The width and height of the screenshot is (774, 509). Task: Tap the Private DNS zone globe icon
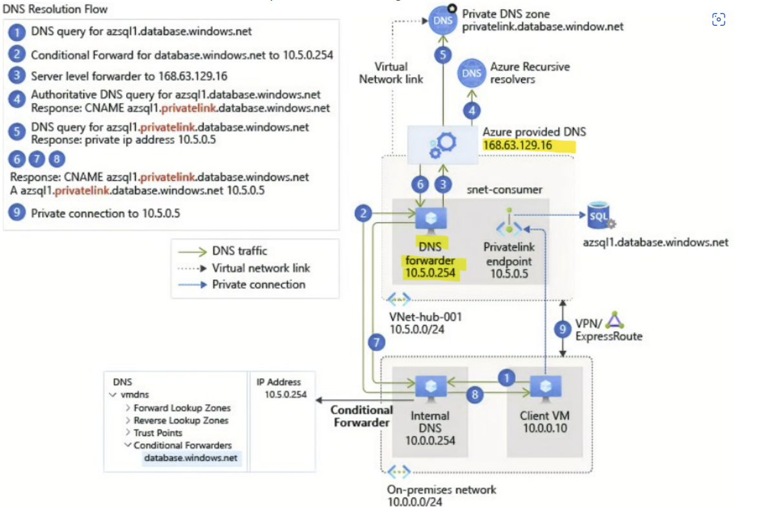pos(442,22)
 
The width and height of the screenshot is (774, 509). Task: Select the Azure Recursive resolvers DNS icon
pos(472,73)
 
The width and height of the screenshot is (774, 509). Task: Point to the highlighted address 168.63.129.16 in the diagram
pos(517,144)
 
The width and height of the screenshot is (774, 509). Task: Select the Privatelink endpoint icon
pos(509,222)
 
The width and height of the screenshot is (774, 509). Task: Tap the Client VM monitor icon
pos(541,387)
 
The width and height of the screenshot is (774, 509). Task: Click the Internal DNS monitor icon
pos(430,387)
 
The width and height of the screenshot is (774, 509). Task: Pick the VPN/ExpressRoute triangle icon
pos(613,321)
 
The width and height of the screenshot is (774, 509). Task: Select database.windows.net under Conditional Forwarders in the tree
pos(191,458)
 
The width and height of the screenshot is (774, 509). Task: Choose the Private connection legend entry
pos(259,284)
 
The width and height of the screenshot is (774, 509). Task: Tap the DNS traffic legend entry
pos(239,251)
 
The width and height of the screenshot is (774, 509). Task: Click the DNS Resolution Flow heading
pos(56,9)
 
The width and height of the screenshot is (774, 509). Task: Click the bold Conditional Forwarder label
pos(361,416)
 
